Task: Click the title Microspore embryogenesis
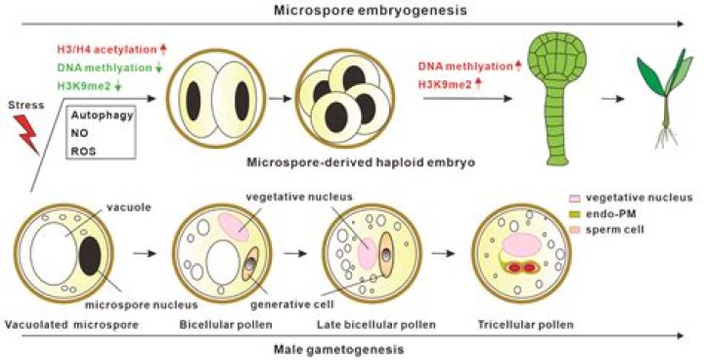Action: tap(348, 11)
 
